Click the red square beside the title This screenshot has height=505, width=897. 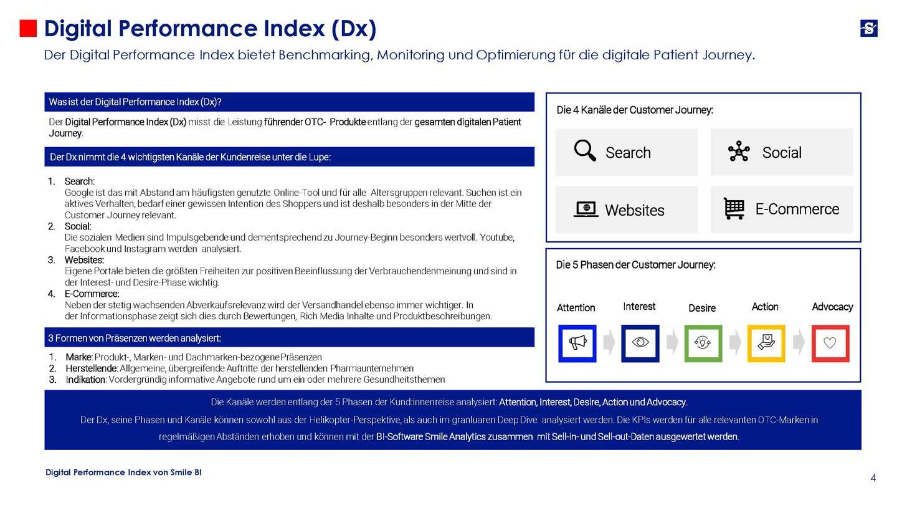(28, 29)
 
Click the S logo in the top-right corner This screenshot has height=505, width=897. (868, 28)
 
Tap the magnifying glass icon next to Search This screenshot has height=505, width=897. (585, 151)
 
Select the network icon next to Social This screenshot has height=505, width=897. (739, 151)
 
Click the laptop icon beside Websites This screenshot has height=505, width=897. (586, 209)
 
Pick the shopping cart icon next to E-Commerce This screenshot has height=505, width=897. (734, 208)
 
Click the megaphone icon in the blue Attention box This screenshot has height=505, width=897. (577, 343)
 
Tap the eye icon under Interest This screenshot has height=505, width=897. (640, 343)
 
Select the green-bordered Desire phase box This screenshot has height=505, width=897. (703, 343)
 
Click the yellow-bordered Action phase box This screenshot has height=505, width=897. (766, 343)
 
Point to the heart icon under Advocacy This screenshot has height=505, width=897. (830, 343)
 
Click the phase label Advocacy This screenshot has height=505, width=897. (832, 307)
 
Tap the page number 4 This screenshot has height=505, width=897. (873, 478)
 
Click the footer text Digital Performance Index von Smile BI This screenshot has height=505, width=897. (123, 473)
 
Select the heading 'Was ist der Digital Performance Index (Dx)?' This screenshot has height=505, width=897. (135, 102)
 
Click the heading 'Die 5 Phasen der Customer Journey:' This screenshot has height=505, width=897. (635, 265)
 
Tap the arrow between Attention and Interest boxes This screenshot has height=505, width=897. (609, 342)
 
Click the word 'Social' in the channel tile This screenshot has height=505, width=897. (782, 153)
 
